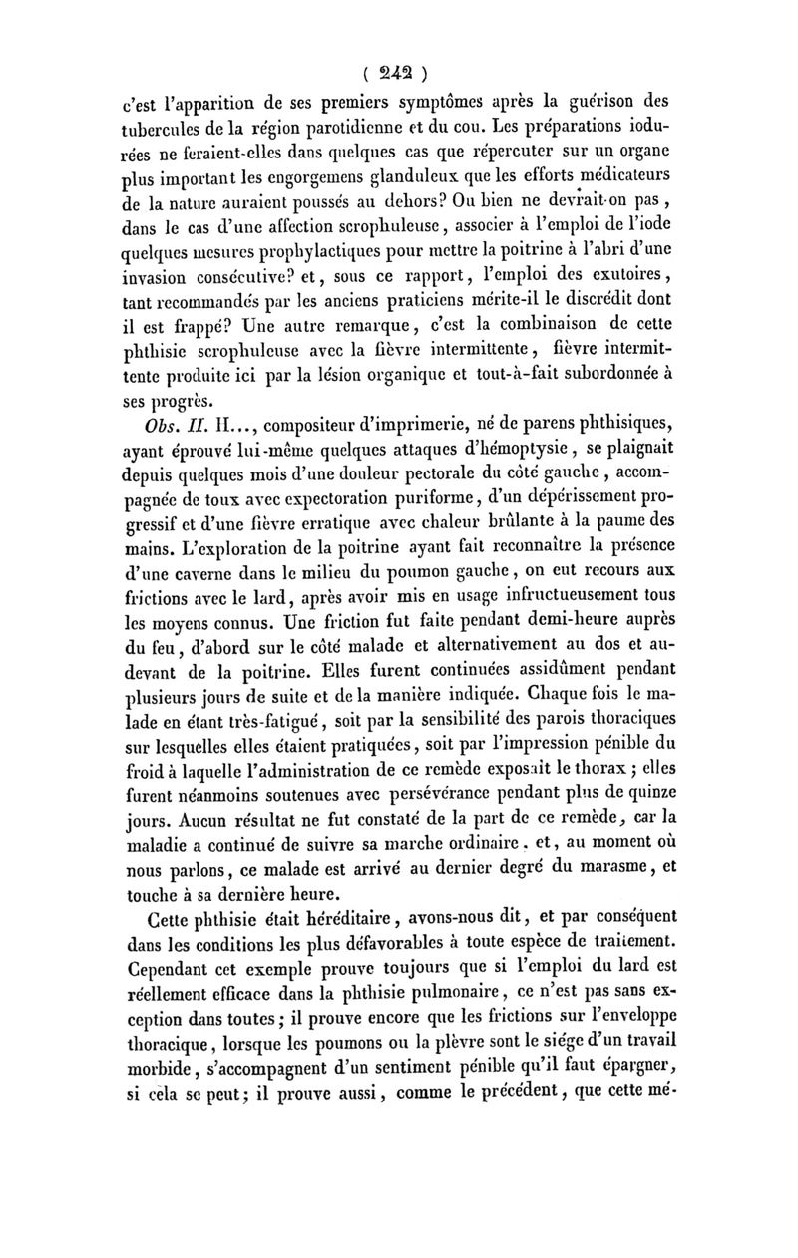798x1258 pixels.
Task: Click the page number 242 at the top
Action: [x=397, y=72]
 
